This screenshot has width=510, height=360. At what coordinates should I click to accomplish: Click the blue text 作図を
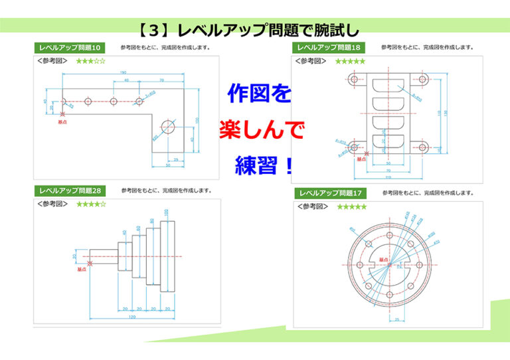259,94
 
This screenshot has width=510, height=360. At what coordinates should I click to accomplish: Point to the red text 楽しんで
262,130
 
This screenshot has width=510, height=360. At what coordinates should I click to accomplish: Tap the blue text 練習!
264,165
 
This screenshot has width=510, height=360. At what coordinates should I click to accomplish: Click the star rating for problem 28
91,204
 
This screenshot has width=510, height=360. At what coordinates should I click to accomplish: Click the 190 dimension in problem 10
123,72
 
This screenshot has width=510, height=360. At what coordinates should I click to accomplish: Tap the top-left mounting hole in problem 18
353,79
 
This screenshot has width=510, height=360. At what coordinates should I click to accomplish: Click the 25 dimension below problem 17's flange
396,319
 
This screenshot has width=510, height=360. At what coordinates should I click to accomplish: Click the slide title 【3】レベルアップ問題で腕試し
249,29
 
